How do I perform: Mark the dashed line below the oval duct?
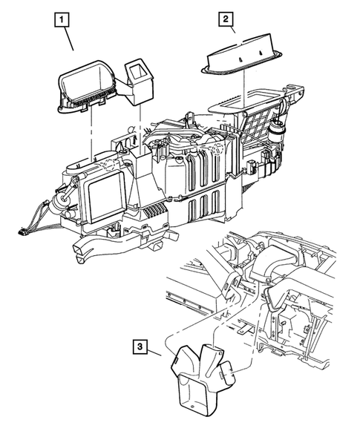click(91, 130)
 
